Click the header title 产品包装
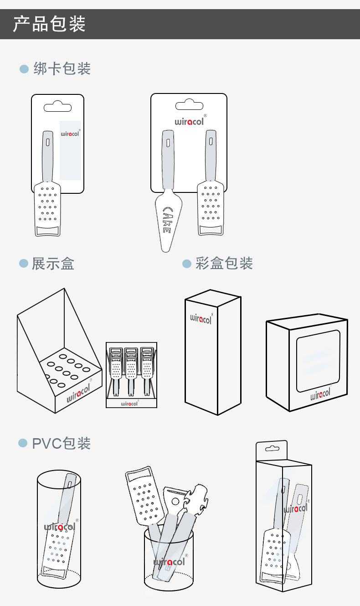[49, 24]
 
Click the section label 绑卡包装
[62, 68]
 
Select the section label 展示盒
[53, 264]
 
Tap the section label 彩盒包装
[224, 263]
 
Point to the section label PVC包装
[61, 443]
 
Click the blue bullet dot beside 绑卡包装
[24, 69]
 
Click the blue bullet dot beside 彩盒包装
[186, 264]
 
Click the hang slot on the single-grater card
[57, 108]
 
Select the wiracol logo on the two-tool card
[189, 122]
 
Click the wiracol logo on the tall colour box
[201, 318]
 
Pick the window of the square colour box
[318, 361]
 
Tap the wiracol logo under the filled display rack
[129, 403]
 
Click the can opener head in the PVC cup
[199, 500]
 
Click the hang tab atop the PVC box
[272, 449]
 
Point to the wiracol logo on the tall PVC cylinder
[59, 527]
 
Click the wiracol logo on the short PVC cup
[169, 562]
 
